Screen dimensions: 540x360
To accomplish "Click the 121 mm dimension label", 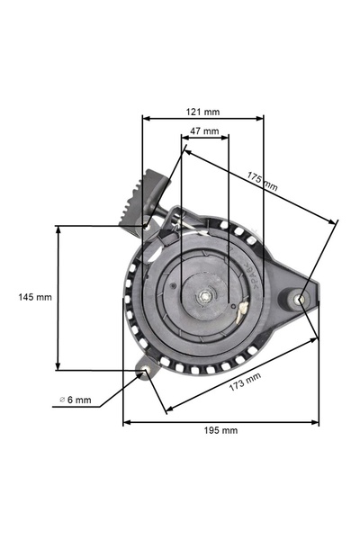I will (203, 112).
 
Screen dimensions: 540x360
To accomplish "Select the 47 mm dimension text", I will (204, 131).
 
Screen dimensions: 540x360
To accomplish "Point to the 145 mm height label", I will (35, 297).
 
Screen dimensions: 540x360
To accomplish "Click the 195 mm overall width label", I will (221, 430).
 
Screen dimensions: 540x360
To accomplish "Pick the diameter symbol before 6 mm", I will (62, 400).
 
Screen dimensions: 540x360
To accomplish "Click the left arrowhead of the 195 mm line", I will (126, 419).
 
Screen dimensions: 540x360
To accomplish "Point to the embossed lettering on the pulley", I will (253, 274).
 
